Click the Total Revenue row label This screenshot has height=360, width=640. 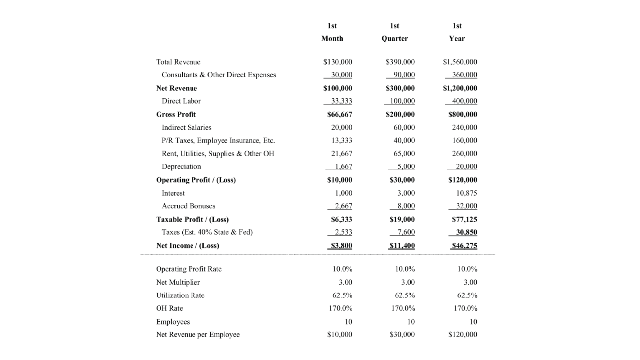click(178, 62)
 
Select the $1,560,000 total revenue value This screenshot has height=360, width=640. click(460, 62)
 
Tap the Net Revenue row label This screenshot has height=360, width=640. click(176, 88)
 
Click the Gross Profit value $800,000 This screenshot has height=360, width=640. click(462, 114)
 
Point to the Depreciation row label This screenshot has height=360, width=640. click(181, 166)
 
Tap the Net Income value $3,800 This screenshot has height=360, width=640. click(340, 245)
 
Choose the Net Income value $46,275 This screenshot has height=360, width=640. click(465, 245)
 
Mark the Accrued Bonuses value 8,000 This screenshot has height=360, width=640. click(404, 206)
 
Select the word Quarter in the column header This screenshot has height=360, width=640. click(394, 38)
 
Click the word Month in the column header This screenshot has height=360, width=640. click(332, 38)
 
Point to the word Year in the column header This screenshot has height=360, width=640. click(457, 38)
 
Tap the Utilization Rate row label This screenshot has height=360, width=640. click(180, 295)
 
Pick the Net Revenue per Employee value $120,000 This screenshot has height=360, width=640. click(462, 335)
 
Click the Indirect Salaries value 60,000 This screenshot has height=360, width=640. click(404, 127)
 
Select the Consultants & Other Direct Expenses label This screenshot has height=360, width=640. click(219, 75)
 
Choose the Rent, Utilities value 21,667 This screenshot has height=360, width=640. click(342, 154)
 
